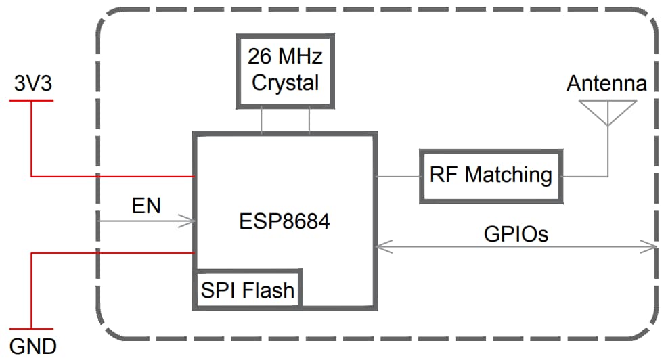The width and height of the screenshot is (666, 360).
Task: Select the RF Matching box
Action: pyautogui.click(x=491, y=175)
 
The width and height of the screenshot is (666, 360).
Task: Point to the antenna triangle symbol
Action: pyautogui.click(x=607, y=112)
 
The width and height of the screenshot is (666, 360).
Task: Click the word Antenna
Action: pyautogui.click(x=606, y=84)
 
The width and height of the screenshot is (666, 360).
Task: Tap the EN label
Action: pyautogui.click(x=146, y=206)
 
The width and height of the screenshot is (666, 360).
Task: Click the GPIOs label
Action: pyautogui.click(x=516, y=234)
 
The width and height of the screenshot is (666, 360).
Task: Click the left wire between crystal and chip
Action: pyautogui.click(x=261, y=120)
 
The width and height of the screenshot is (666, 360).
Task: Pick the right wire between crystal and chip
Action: pyautogui.click(x=309, y=120)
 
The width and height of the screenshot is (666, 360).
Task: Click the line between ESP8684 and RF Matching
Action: pyautogui.click(x=397, y=177)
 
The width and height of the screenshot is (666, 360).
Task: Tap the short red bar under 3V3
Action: pyautogui.click(x=31, y=101)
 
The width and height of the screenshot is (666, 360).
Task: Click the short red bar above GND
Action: pyautogui.click(x=31, y=329)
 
